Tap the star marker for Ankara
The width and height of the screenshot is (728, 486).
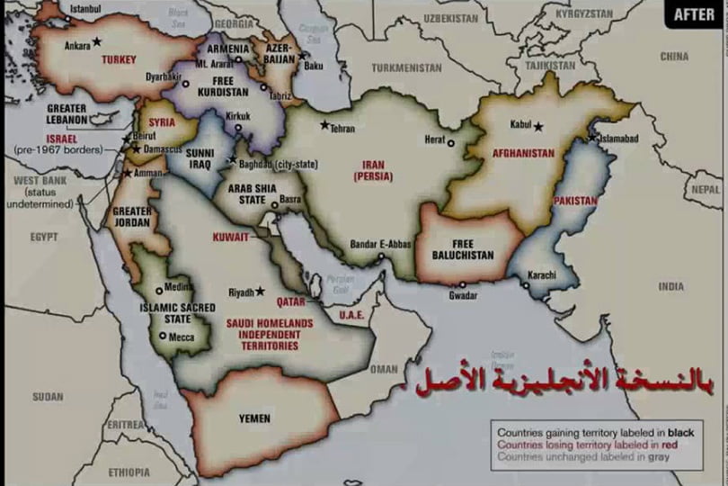[97, 41]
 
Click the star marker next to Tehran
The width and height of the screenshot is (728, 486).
[324, 124]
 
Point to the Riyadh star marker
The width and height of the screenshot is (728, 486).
[260, 292]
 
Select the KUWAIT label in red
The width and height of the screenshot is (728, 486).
[232, 238]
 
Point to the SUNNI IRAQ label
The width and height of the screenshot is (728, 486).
[199, 159]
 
